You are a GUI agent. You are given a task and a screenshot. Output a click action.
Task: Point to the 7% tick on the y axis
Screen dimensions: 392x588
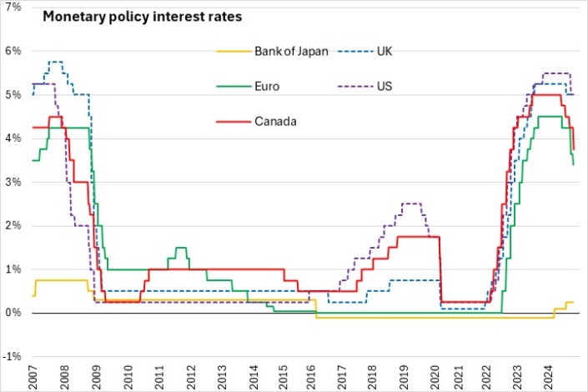(15, 8)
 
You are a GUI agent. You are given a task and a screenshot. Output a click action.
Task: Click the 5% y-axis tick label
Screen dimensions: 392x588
(15, 95)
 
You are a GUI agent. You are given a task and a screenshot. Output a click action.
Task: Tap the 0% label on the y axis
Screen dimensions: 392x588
(15, 313)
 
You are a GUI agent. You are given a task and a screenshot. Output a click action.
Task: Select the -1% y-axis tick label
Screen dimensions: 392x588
(13, 357)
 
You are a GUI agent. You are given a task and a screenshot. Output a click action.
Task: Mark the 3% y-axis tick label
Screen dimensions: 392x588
(15, 182)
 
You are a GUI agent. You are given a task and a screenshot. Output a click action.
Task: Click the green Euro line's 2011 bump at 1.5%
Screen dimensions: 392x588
(181, 248)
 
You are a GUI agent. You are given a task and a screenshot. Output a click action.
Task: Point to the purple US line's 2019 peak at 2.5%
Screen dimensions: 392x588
(412, 204)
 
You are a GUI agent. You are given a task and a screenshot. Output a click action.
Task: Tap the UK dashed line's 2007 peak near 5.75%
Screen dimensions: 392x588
(55, 62)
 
